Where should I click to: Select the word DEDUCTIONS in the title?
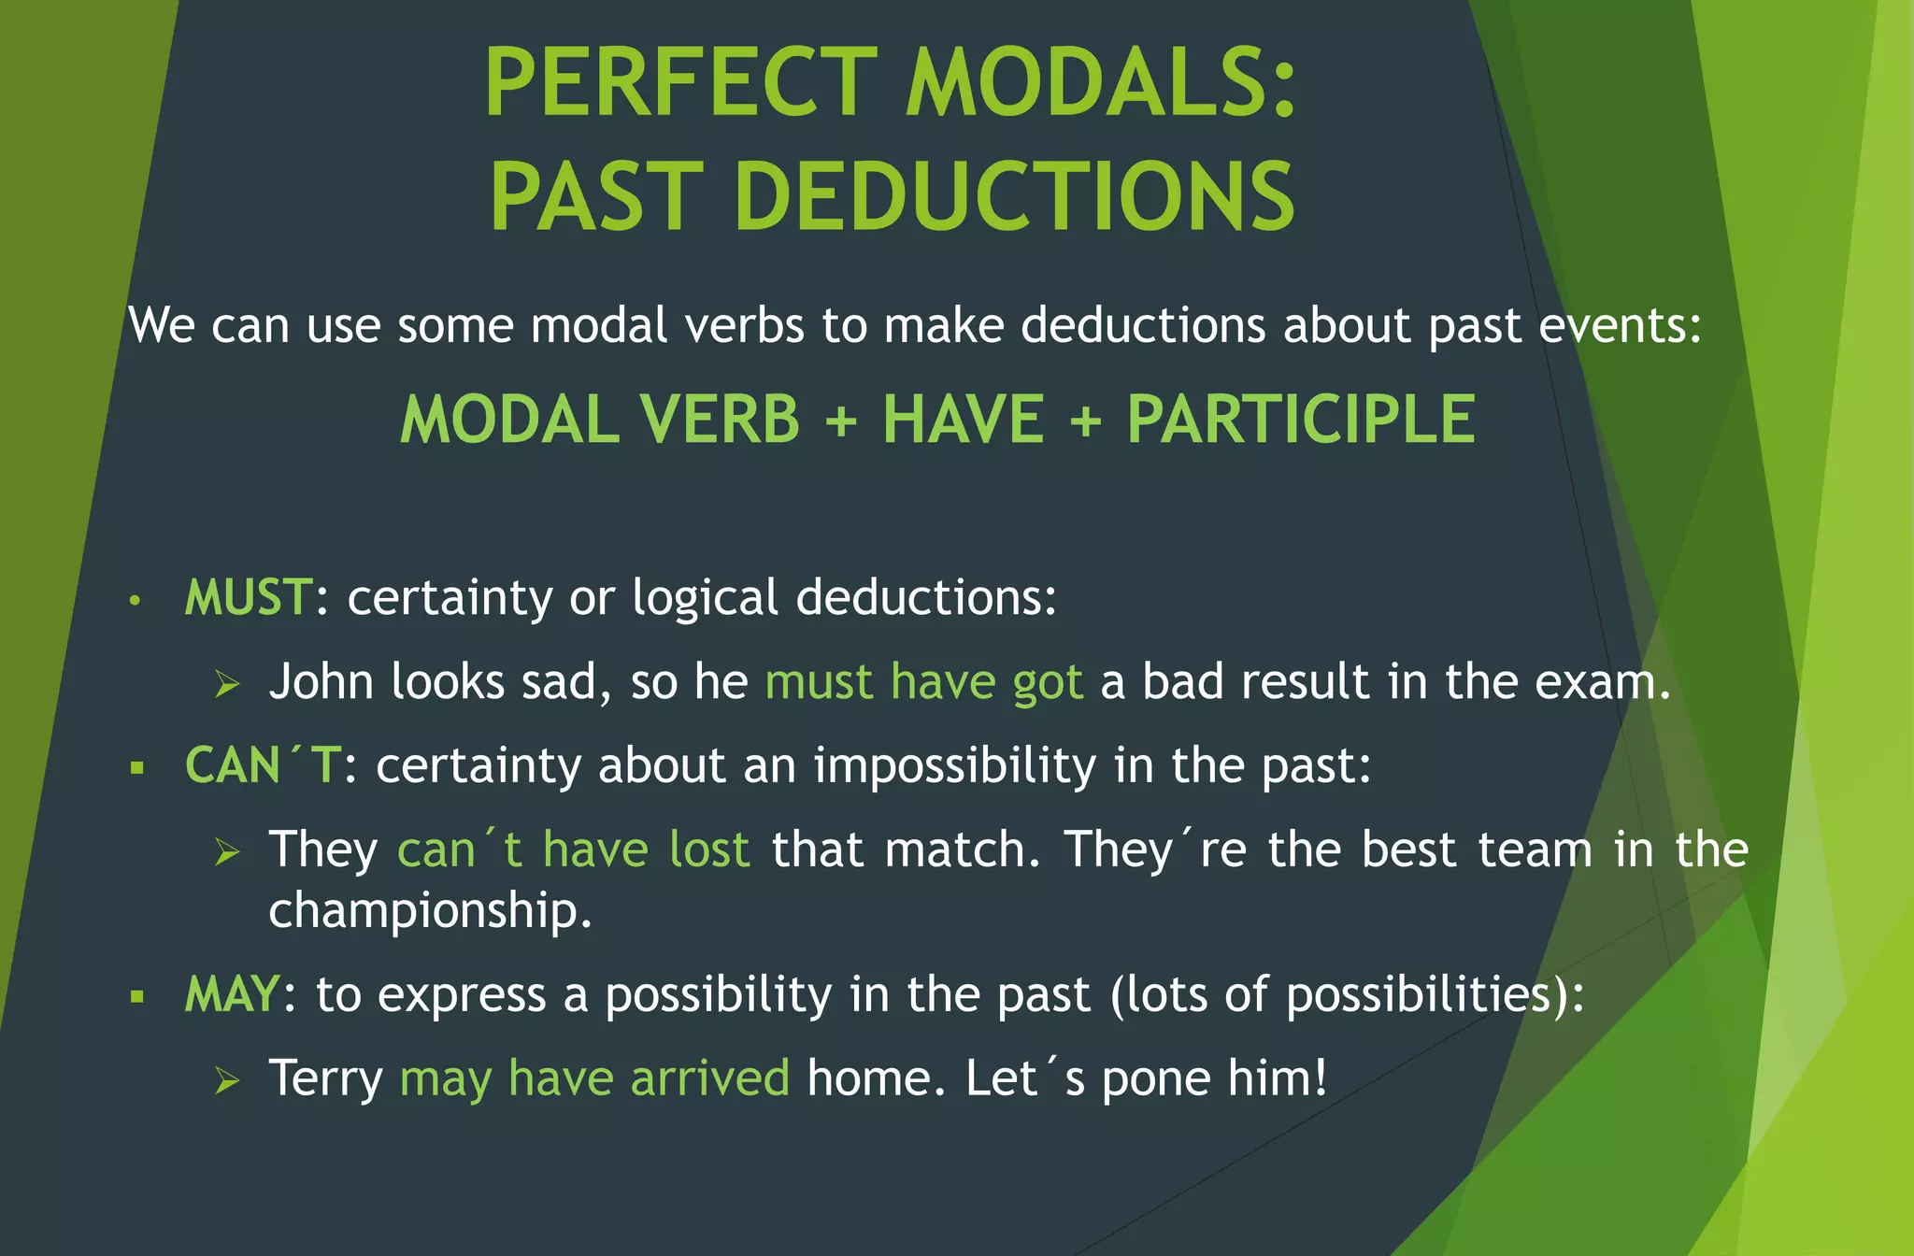(x=1014, y=197)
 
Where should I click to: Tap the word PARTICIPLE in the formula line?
(x=1301, y=420)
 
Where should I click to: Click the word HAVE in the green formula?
(x=963, y=420)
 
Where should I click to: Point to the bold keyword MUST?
(x=249, y=597)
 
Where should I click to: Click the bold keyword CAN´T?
(x=263, y=765)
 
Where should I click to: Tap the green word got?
(x=1048, y=683)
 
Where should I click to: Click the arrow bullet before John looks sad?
(x=227, y=684)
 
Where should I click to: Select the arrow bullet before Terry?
(x=227, y=1080)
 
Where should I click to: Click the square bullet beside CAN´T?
(x=137, y=769)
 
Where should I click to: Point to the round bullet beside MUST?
(x=135, y=601)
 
